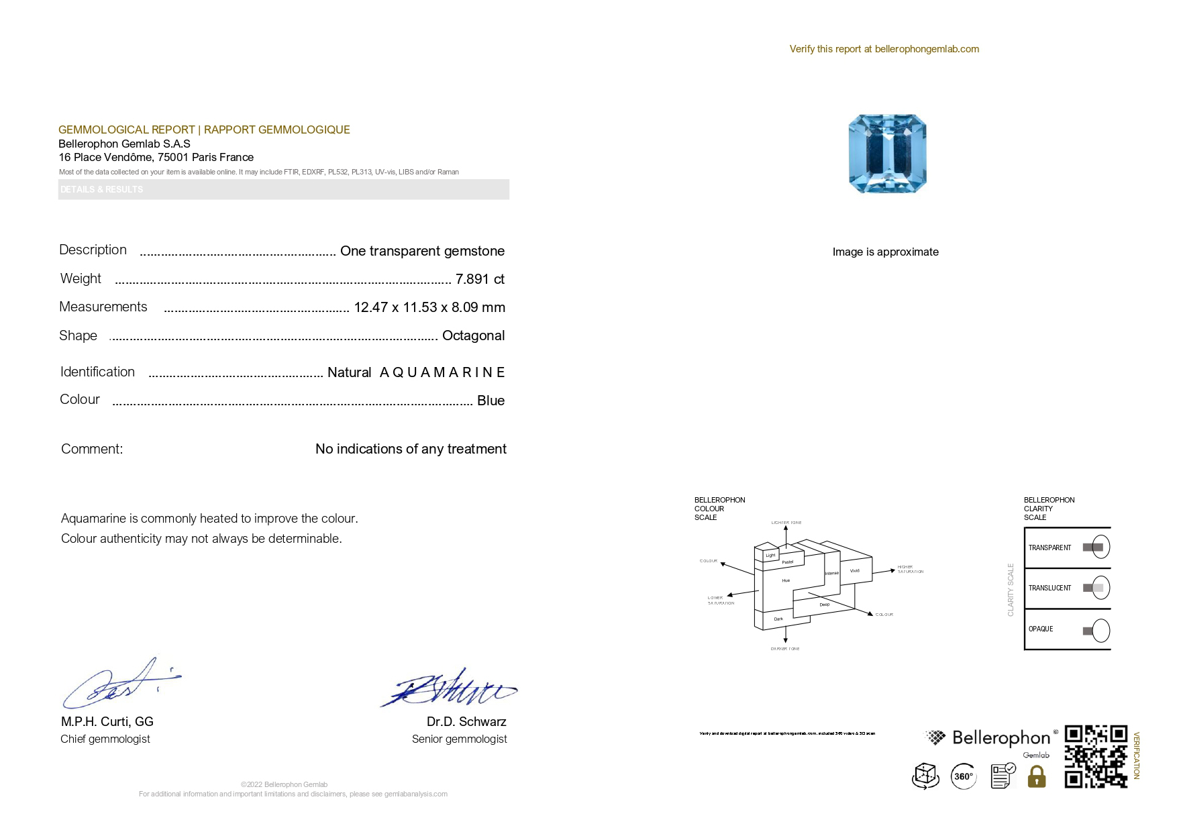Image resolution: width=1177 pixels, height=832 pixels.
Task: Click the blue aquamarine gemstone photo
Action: pos(887,154)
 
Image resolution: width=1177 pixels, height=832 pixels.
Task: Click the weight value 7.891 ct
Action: pos(480,279)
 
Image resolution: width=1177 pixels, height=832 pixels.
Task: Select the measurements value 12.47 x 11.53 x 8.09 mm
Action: pos(429,307)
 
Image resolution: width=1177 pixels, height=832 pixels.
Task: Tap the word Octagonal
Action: pos(473,335)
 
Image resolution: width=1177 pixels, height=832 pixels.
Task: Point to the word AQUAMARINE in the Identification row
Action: pos(442,372)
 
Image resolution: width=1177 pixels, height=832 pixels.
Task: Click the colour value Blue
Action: pos(491,401)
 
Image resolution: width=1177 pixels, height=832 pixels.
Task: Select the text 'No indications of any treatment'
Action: pos(411,449)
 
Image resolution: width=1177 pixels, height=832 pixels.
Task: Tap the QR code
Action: pos(1096,756)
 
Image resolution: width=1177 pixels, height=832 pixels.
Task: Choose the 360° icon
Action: pos(964,776)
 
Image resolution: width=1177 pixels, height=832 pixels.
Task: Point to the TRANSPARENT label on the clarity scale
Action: pos(1050,548)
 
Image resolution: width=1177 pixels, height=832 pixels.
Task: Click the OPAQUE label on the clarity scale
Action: pos(1041,629)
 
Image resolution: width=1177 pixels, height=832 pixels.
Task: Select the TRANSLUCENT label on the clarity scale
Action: pos(1050,588)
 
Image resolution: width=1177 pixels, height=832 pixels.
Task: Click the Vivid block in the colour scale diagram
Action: pos(854,571)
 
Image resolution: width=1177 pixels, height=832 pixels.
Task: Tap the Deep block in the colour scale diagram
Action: pos(824,605)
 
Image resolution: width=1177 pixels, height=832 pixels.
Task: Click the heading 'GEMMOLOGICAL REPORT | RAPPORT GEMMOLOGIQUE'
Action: pos(204,129)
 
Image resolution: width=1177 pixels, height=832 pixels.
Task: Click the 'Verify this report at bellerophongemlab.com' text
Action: pos(884,49)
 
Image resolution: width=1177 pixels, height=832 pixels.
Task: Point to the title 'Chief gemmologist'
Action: pos(105,739)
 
